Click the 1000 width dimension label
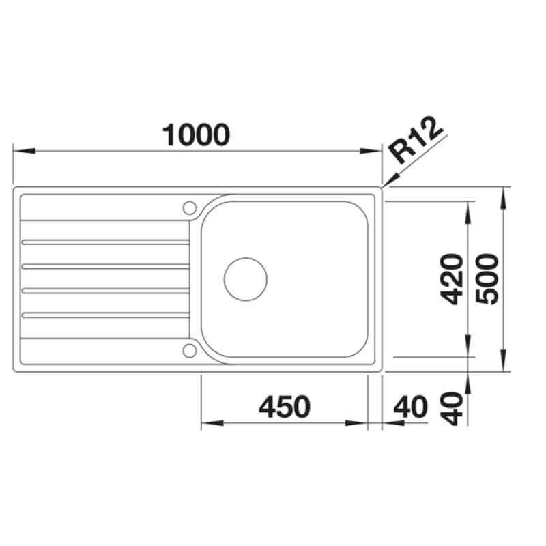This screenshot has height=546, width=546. click(196, 134)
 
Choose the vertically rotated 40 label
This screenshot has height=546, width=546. click(451, 408)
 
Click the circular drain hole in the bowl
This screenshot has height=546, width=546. click(246, 278)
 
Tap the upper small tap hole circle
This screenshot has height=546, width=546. click(189, 207)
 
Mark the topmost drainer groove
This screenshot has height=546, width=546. click(106, 242)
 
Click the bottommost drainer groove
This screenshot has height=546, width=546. click(106, 315)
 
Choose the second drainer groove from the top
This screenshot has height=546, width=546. click(106, 266)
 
